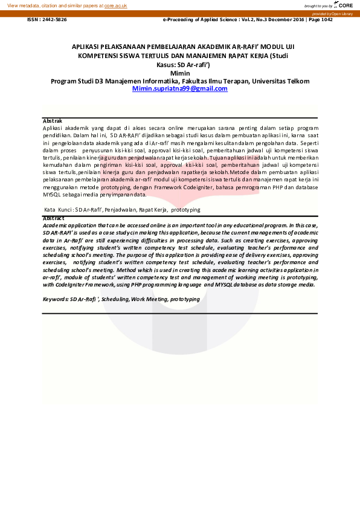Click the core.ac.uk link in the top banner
[x=115, y=5]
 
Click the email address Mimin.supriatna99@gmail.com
[x=179, y=88]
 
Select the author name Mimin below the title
[x=180, y=73]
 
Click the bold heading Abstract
[x=54, y=218]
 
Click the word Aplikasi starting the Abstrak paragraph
[x=54, y=128]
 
